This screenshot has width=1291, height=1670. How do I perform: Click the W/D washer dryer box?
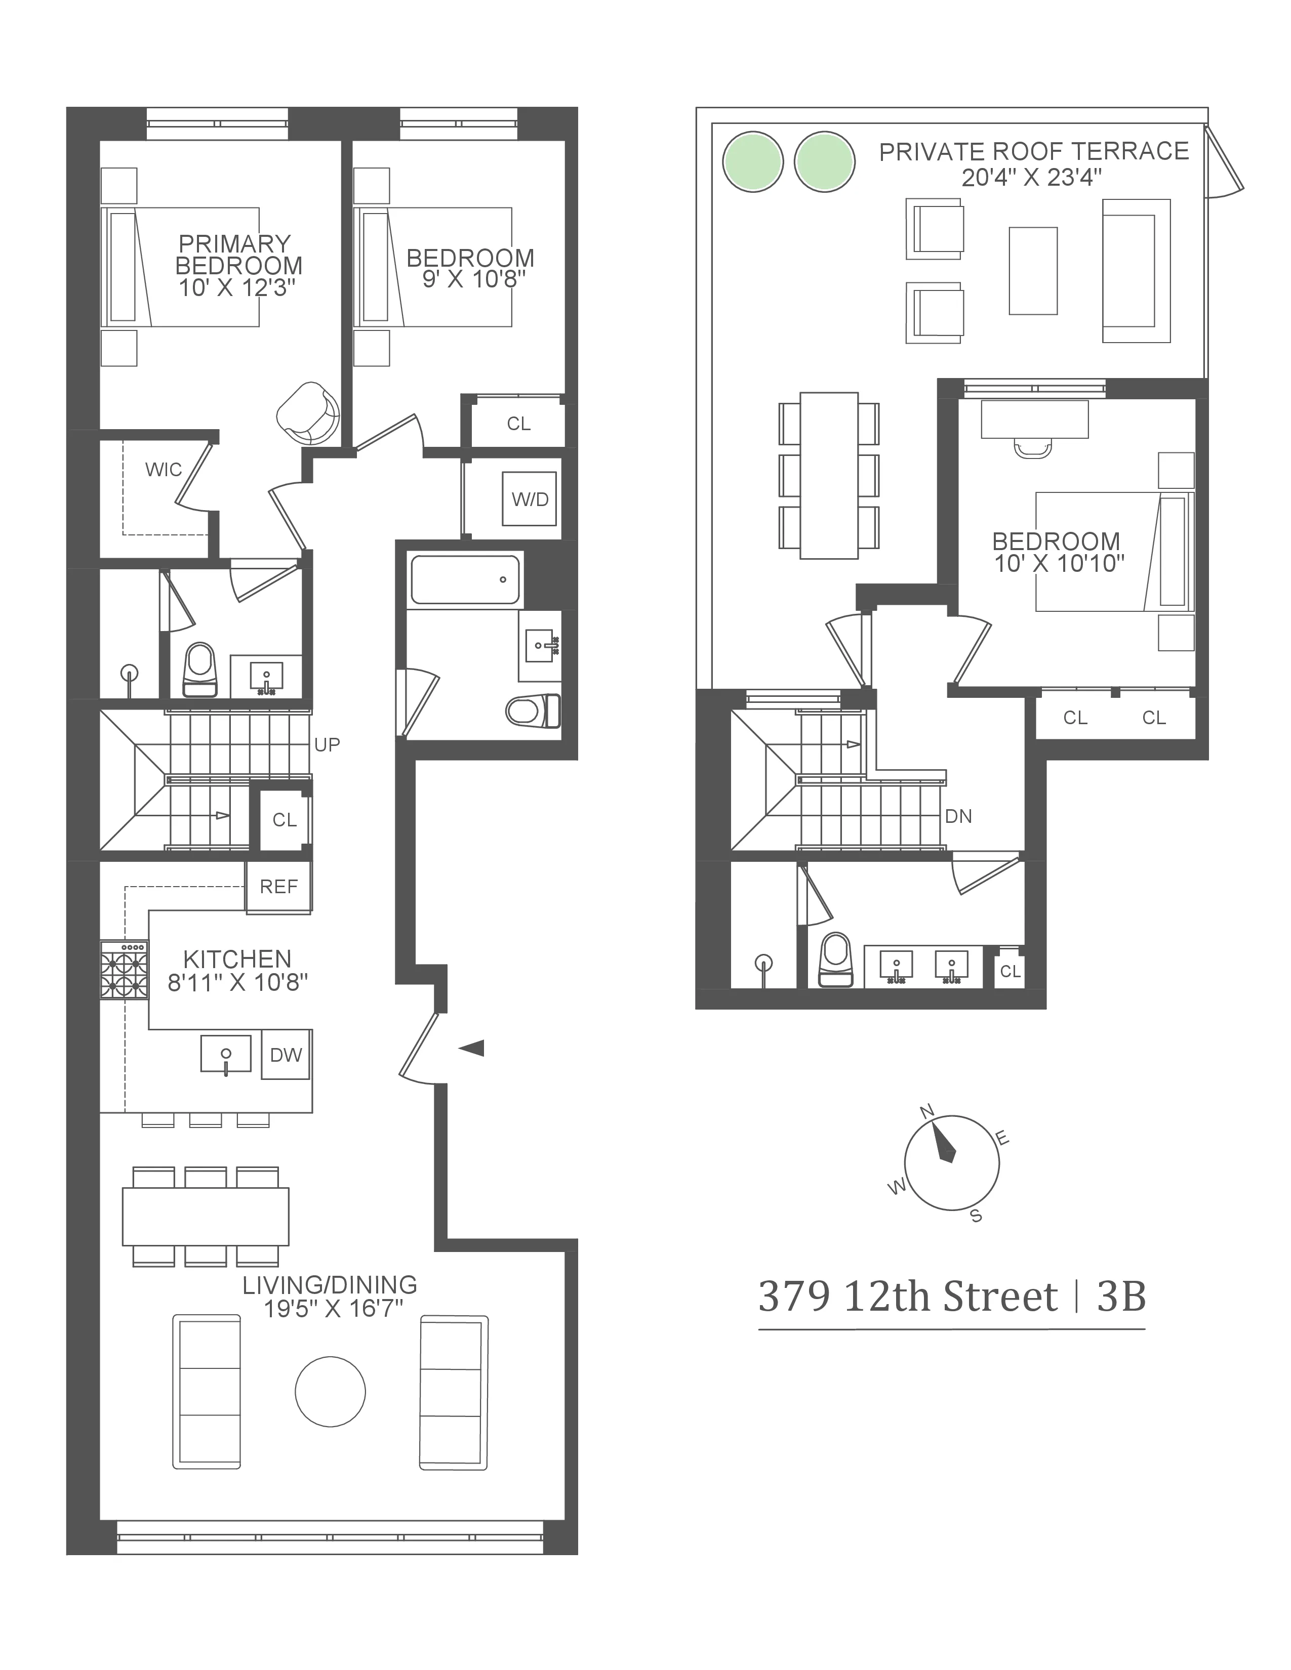(529, 498)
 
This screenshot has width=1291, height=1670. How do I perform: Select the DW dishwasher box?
(285, 1055)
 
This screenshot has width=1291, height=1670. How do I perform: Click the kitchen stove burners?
(124, 970)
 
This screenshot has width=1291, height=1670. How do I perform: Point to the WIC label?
(164, 470)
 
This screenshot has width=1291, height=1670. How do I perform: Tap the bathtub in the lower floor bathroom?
(465, 579)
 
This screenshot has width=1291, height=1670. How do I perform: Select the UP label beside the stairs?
(328, 744)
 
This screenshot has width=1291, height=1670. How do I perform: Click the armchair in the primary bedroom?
(307, 413)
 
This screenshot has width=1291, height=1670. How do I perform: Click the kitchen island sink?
(226, 1055)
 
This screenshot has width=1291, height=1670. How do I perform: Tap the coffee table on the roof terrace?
(1033, 271)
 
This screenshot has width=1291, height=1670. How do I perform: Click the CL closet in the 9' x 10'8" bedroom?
(518, 424)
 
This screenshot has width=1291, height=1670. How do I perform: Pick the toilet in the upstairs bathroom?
(835, 959)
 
